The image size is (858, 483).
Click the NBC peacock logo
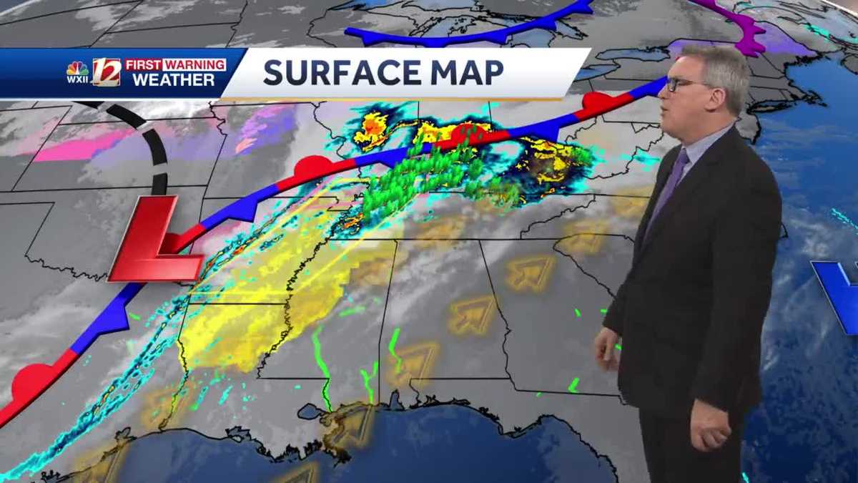[77, 69]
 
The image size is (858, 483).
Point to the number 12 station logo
[107, 72]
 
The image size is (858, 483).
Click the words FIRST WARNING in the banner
[175, 64]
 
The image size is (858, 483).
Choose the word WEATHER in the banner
[174, 80]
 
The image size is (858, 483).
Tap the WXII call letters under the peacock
[77, 79]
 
